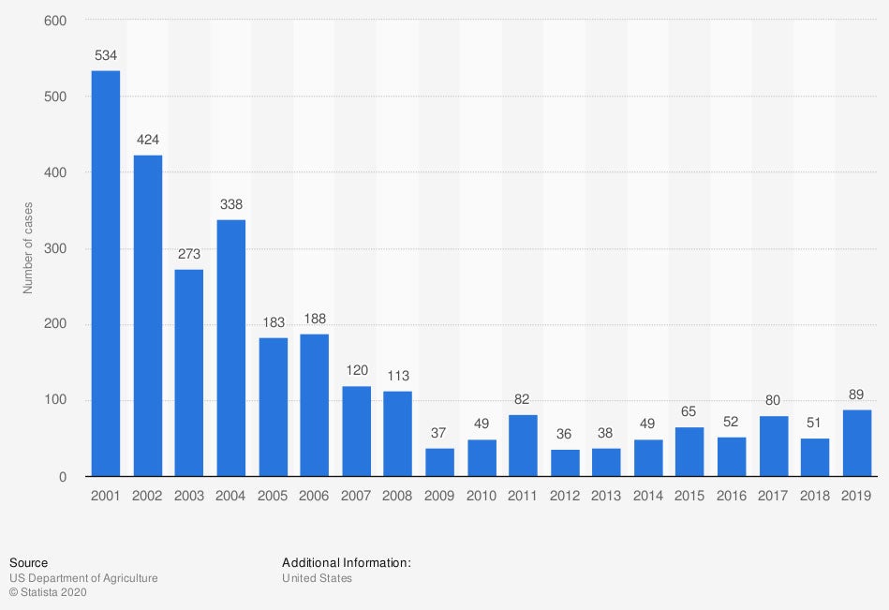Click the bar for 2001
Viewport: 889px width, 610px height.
(106, 274)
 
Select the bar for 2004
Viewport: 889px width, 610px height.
(230, 348)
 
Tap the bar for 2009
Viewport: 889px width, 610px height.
(439, 462)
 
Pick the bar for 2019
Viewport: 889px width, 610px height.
(857, 442)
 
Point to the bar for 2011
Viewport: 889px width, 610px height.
(523, 445)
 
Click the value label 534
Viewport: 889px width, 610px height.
(106, 55)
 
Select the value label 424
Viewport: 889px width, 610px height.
(148, 140)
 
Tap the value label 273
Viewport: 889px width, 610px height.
(189, 254)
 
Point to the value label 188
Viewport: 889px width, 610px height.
(315, 319)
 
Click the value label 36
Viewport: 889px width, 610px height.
(565, 434)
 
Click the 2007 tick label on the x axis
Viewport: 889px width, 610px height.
(356, 495)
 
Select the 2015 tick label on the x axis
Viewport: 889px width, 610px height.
(690, 495)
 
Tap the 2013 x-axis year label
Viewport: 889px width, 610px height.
(607, 495)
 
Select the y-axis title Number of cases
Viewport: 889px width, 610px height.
(28, 248)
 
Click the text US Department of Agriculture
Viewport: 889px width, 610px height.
(83, 578)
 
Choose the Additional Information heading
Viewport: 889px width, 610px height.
(347, 563)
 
